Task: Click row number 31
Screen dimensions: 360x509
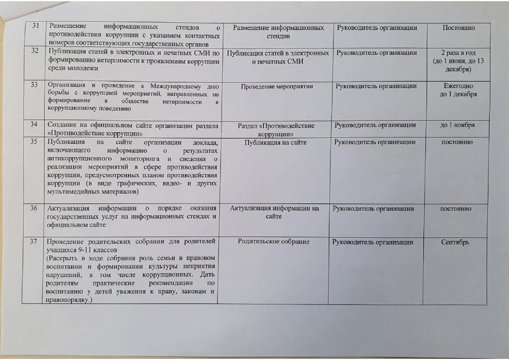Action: [36, 26]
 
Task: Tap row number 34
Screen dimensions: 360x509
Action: [34, 125]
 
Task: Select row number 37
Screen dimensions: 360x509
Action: [33, 241]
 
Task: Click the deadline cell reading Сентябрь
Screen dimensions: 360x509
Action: [455, 242]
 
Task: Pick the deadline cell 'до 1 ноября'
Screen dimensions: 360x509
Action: [457, 125]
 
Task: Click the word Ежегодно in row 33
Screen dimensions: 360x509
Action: [458, 86]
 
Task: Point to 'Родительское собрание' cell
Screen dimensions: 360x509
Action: [273, 242]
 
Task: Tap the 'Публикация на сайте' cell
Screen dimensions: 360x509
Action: [275, 143]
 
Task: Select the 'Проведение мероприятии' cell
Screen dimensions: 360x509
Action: [277, 86]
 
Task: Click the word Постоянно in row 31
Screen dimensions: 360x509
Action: [459, 28]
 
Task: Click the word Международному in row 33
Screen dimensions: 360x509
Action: [176, 87]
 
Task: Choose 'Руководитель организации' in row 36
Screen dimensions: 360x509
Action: [373, 208]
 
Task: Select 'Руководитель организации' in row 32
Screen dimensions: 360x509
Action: [376, 53]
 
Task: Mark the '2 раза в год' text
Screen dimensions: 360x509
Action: [458, 53]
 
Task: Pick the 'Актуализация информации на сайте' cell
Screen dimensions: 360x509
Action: [274, 212]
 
